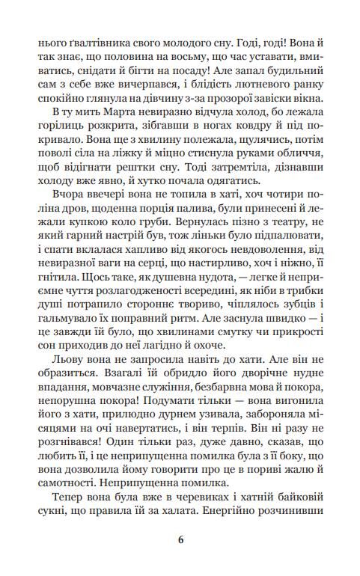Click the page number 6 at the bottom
[x=180, y=539]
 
